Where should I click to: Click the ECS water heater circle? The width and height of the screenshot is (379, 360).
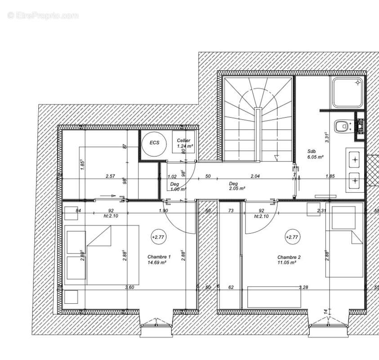[154, 143]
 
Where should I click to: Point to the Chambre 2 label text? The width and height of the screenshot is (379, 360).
[289, 257]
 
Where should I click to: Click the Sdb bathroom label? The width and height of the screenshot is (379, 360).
[312, 152]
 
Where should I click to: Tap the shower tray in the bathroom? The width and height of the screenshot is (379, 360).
[348, 93]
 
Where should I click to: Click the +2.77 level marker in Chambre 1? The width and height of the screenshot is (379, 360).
[158, 237]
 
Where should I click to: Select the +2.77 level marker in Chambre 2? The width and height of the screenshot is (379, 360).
[292, 237]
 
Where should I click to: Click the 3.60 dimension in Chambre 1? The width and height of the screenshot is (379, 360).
[129, 287]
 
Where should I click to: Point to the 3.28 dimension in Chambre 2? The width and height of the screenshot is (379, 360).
[304, 287]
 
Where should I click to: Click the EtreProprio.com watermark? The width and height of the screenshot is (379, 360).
[43, 16]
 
